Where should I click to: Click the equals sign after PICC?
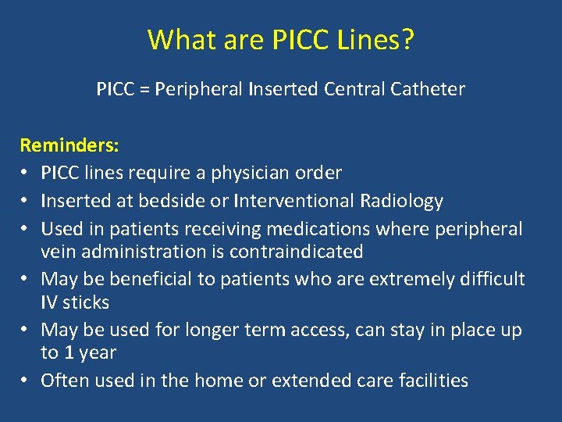[x=144, y=89]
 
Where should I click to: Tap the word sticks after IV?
[x=87, y=302]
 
